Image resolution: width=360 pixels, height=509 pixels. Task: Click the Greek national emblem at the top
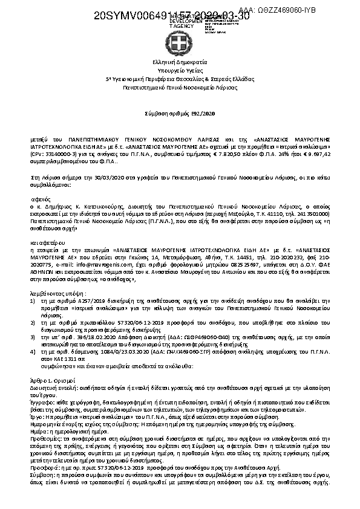pyautogui.click(x=180, y=43)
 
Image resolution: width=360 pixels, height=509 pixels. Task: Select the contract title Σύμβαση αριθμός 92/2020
pyautogui.click(x=180, y=113)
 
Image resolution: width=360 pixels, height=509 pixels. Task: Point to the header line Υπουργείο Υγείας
pyautogui.click(x=180, y=70)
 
